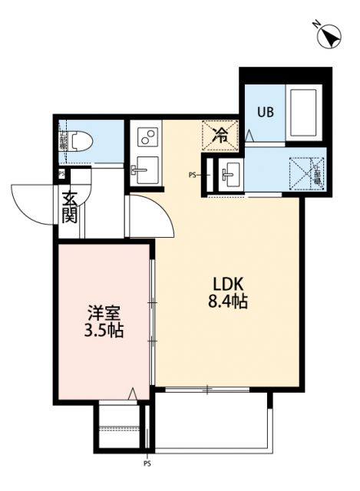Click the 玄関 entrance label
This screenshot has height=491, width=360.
(x=70, y=208)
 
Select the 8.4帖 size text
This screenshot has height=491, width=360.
(x=226, y=302)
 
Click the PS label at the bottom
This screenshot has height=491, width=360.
(x=147, y=464)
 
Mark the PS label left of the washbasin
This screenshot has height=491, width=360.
(x=193, y=174)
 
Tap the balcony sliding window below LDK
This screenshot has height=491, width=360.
(x=207, y=390)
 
